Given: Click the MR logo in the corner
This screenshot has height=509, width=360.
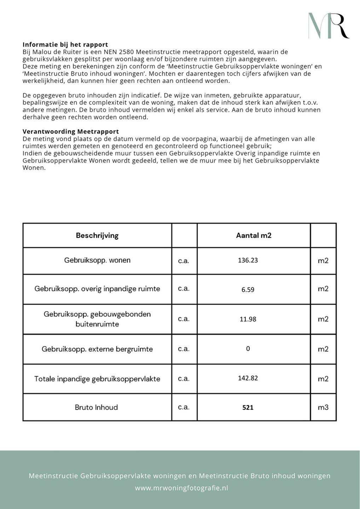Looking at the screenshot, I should coord(328,26).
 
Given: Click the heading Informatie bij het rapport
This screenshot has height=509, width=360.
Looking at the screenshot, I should coord(65,45).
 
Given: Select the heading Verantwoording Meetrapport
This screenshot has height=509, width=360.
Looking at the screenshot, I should coord(71,131).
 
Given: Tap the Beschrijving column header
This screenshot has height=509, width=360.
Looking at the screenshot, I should coord(97,235).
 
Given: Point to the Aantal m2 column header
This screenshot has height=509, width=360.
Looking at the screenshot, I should coord(254,235).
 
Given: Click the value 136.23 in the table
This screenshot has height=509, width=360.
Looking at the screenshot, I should coord(248,261).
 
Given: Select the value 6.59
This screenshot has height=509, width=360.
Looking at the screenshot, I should coord(248,289).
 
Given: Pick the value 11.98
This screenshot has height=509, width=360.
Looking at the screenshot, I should coord(248,319).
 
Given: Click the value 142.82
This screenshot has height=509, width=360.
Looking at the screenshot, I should coord(248,378).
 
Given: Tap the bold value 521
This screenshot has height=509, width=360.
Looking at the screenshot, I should coord(248,408).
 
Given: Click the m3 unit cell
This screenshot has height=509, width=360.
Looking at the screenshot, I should coord(323,408).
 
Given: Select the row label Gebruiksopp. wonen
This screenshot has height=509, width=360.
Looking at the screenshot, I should coord(97,261).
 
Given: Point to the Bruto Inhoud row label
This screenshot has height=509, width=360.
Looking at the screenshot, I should coord(96,408).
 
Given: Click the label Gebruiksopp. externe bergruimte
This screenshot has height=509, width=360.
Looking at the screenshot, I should coord(97,349).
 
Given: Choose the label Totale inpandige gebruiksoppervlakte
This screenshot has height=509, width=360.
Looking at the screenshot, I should coord(97,379).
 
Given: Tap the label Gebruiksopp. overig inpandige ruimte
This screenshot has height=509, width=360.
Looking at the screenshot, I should coord(97,289).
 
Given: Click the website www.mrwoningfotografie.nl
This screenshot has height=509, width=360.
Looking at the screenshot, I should coord(181,488).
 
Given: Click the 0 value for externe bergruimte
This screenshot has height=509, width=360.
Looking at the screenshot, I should coord(248,349).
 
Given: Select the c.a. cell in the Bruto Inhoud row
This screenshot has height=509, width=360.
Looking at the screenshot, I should coord(184,407).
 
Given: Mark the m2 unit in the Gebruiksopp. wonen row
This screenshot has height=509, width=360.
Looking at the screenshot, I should coord(323,261).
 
